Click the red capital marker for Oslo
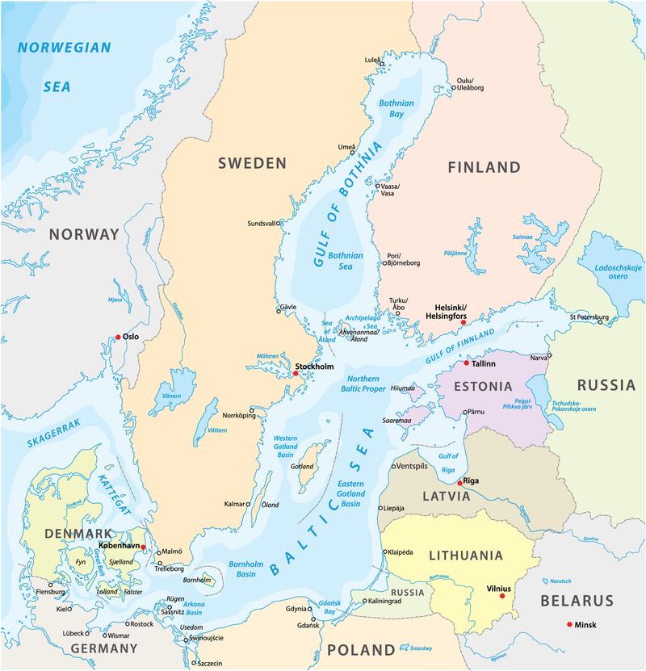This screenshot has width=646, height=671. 118,337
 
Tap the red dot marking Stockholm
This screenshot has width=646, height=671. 296,373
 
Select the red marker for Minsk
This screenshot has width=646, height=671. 570,624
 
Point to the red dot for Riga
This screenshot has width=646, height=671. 459,483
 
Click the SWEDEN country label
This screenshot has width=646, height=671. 252,163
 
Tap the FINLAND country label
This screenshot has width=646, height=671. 484,168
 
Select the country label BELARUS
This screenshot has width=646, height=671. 577,602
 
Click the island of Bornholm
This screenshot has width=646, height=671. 208,578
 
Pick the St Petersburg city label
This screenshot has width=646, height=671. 589,317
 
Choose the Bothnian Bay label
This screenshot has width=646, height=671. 396,109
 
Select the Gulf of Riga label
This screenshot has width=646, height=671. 448,463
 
